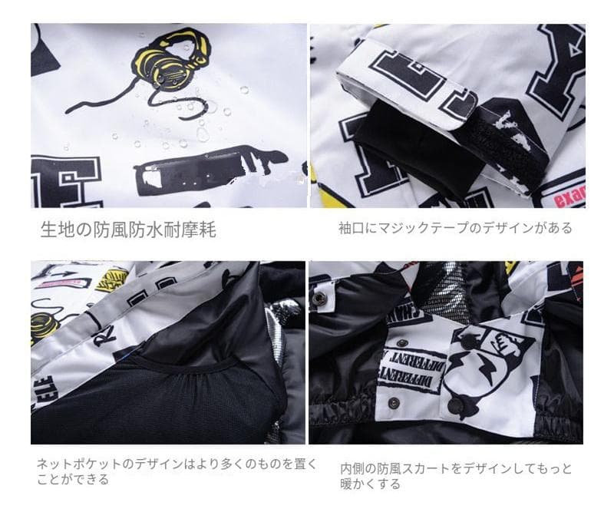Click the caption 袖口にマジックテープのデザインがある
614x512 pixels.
[455, 228]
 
